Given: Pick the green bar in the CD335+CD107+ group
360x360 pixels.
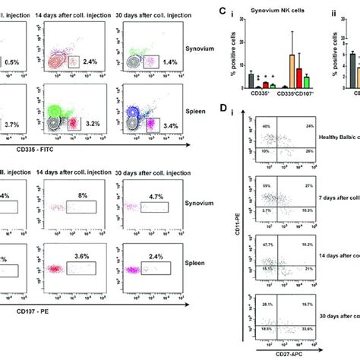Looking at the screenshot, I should [307, 83].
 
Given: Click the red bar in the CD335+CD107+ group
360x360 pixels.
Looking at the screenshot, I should [300, 78].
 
